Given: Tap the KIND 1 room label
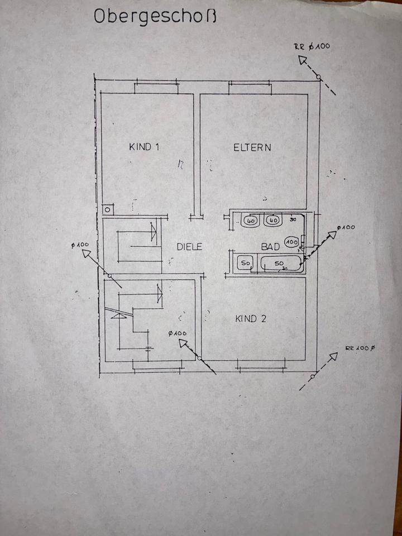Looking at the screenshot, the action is pyautogui.click(x=145, y=147).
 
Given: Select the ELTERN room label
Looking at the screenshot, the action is pyautogui.click(x=252, y=147).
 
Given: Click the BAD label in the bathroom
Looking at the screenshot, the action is pyautogui.click(x=270, y=246).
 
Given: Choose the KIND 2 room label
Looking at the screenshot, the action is pyautogui.click(x=251, y=319).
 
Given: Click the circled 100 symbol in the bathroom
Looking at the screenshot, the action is pyautogui.click(x=291, y=242).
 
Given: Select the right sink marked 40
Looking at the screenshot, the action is pyautogui.click(x=274, y=221).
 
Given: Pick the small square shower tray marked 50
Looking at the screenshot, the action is pyautogui.click(x=245, y=262).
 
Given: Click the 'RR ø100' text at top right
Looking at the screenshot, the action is pyautogui.click(x=312, y=47).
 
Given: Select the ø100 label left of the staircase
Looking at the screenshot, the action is pyautogui.click(x=81, y=245).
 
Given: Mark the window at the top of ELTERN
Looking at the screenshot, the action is pyautogui.click(x=250, y=84).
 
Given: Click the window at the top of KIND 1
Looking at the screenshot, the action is pyautogui.click(x=156, y=83).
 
